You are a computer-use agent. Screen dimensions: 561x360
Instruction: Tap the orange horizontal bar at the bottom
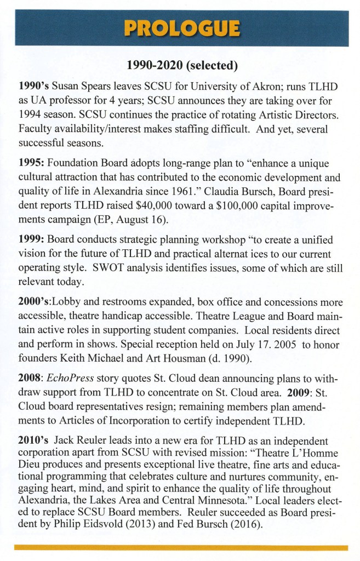(x=181, y=547)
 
